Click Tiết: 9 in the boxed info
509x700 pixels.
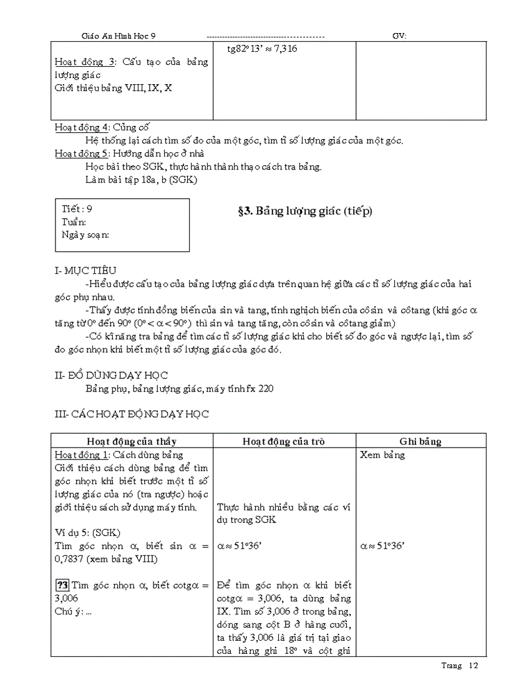click(78, 209)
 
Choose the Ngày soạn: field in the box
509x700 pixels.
click(86, 234)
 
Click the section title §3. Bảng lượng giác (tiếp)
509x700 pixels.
click(304, 211)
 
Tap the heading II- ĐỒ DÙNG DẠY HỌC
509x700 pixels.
click(112, 375)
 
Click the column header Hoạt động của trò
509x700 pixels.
click(284, 441)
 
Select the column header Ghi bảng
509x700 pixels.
click(420, 441)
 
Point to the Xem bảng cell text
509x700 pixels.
click(382, 455)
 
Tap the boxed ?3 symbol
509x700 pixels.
click(62, 585)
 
